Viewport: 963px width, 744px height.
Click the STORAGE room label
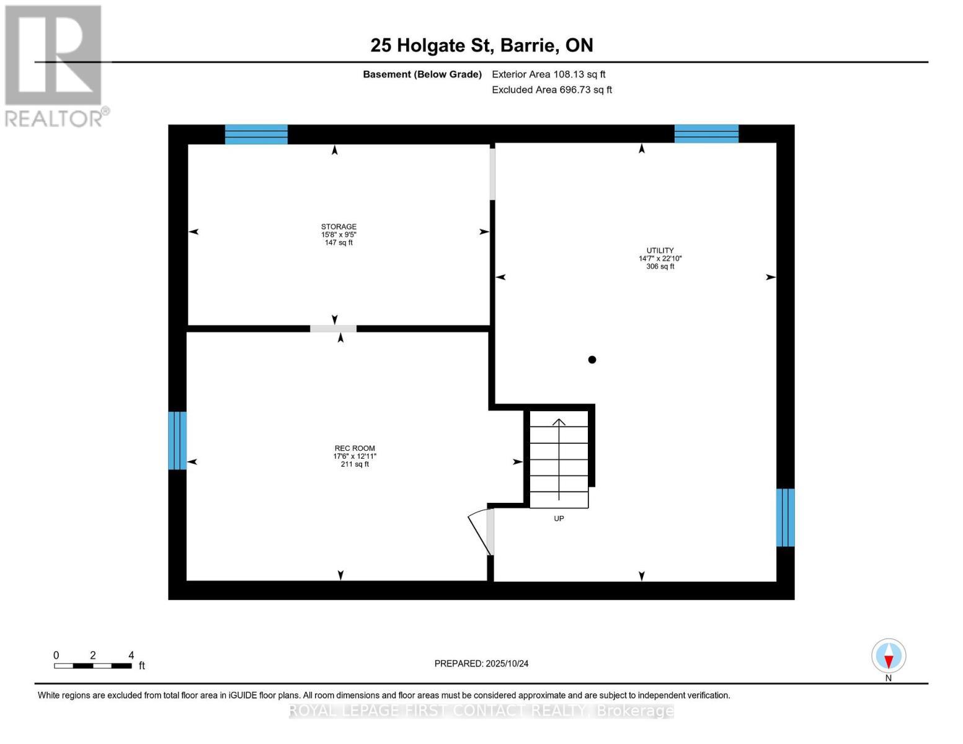click(339, 234)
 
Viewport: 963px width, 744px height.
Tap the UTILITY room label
click(660, 259)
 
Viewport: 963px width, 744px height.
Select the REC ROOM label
click(355, 456)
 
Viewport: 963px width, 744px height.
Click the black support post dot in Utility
click(592, 360)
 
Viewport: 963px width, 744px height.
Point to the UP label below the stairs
click(559, 518)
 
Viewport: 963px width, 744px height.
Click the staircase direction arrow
click(559, 459)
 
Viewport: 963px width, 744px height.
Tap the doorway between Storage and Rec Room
click(334, 329)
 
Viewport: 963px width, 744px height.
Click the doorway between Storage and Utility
click(493, 174)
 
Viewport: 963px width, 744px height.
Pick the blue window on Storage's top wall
click(256, 134)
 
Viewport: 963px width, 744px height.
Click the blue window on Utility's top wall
click(706, 133)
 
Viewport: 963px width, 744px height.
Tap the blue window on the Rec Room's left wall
click(177, 440)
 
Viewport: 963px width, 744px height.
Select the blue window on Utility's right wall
click(786, 517)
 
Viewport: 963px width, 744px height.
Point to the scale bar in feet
click(93, 665)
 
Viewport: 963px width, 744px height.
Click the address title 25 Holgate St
click(481, 45)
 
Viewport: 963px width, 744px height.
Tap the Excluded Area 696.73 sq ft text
click(552, 90)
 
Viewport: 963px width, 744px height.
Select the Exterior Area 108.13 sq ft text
click(548, 74)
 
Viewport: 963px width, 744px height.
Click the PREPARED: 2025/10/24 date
click(481, 663)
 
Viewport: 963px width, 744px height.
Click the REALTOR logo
click(55, 65)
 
